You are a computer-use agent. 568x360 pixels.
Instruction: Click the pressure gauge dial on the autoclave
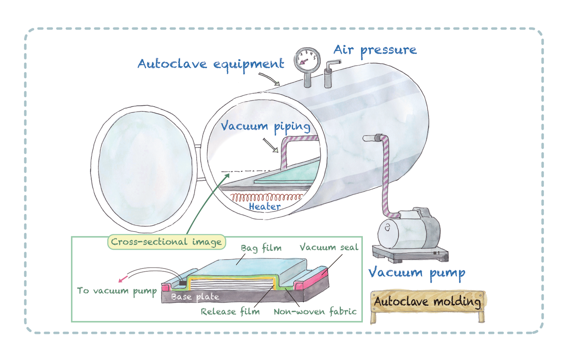pos(307,60)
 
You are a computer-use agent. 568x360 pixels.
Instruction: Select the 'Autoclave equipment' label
pos(210,64)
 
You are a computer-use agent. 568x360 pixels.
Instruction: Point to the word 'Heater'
pos(264,207)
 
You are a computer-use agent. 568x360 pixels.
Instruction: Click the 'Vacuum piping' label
pos(265,127)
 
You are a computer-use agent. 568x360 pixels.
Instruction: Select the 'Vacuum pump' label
pos(417,273)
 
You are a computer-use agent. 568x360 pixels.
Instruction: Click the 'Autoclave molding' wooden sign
pos(428,302)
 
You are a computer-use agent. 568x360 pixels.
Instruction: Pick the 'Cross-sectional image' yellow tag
pos(166,242)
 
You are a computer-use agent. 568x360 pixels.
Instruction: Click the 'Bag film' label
pos(261,248)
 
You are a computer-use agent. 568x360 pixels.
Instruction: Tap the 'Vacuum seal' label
pos(329,247)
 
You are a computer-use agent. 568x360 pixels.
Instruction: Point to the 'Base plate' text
pos(195,297)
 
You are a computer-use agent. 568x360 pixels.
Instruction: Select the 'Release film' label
pos(230,312)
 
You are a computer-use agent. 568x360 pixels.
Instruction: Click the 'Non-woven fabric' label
pos(315,312)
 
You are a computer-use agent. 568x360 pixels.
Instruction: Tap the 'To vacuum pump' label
pos(117,291)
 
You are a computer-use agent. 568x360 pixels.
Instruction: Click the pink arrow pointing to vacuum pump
pos(123,279)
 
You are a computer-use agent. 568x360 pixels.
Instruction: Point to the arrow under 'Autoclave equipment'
pos(269,79)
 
